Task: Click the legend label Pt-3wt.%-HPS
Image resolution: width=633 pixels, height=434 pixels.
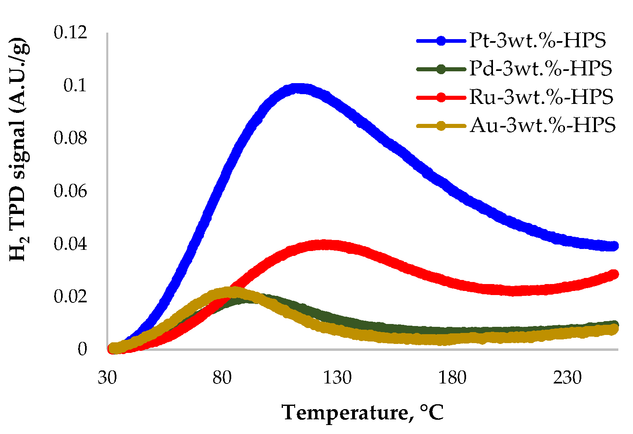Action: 537,41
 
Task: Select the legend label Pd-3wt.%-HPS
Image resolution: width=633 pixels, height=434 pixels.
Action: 540,69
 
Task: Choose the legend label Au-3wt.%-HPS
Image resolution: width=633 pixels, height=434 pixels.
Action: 542,126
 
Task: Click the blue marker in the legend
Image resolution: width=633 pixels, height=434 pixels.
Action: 441,41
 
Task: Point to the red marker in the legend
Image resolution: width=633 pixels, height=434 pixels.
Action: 441,98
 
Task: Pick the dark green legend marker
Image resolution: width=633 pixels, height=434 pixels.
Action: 441,69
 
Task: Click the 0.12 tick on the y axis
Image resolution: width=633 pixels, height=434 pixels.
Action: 70,33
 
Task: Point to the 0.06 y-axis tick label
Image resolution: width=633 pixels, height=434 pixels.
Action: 70,191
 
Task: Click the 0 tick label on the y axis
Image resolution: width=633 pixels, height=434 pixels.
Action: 82,349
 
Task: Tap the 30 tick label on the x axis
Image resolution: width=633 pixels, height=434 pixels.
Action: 107,378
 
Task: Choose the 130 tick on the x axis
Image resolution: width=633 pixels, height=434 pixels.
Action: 337,378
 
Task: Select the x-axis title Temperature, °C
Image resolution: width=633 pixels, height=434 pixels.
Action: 363,412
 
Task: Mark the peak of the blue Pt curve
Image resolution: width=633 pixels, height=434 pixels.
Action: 299,88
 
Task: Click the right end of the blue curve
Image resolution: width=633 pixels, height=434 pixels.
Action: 613,246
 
